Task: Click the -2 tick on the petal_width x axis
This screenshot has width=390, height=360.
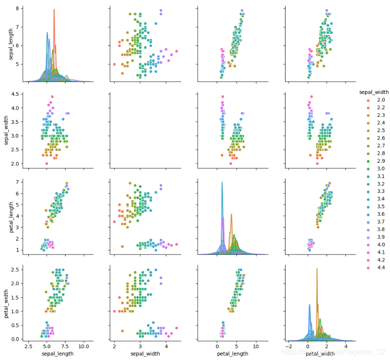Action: [289, 346]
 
